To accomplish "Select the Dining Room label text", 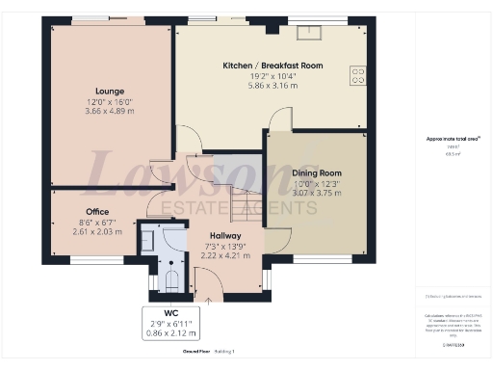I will pyautogui.click(x=317, y=173).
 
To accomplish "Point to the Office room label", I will pyautogui.click(x=97, y=211).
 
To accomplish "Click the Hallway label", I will pyautogui.click(x=224, y=235).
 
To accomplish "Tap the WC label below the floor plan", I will pyautogui.click(x=170, y=313).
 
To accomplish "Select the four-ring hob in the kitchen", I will pyautogui.click(x=359, y=75).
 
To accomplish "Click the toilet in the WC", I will pyautogui.click(x=170, y=279).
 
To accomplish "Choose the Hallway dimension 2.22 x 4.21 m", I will pyautogui.click(x=224, y=256).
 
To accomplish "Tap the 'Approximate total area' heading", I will pyautogui.click(x=453, y=139).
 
